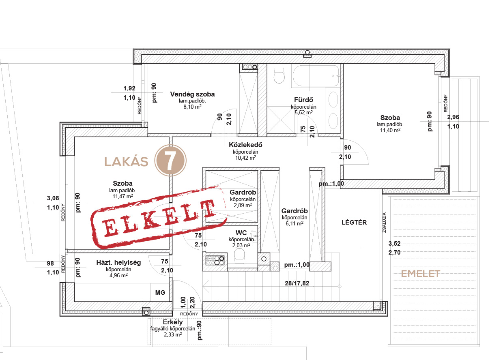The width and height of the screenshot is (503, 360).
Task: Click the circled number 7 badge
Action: click(x=170, y=161)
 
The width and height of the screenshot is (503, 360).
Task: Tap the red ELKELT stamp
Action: click(x=158, y=217)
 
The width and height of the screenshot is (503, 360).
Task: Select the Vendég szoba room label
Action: click(x=192, y=94)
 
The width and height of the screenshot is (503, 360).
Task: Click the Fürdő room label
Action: click(x=303, y=100)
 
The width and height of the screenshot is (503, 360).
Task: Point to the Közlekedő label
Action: click(x=245, y=145)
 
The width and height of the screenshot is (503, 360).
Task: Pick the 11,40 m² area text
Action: click(x=390, y=130)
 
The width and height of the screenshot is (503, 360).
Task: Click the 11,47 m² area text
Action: click(x=123, y=196)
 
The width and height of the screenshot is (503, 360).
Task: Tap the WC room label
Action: click(x=241, y=233)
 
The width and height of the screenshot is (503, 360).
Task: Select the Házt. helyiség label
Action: click(x=118, y=262)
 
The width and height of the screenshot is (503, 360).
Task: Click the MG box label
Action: click(x=160, y=292)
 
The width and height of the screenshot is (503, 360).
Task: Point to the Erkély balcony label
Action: click(x=173, y=322)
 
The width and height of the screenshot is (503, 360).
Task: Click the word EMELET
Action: click(x=420, y=274)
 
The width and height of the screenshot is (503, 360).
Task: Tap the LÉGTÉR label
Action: click(x=354, y=223)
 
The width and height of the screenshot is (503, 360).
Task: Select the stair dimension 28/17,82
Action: click(x=297, y=283)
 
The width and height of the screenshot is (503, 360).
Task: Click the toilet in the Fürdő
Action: click(x=279, y=75)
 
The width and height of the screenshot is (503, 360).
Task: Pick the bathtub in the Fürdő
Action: click(x=316, y=76)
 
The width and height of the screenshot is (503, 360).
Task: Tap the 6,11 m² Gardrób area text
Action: click(x=294, y=223)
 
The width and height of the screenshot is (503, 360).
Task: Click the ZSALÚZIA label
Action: click(x=385, y=223)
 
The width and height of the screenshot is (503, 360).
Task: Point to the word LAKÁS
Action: click(x=127, y=162)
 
